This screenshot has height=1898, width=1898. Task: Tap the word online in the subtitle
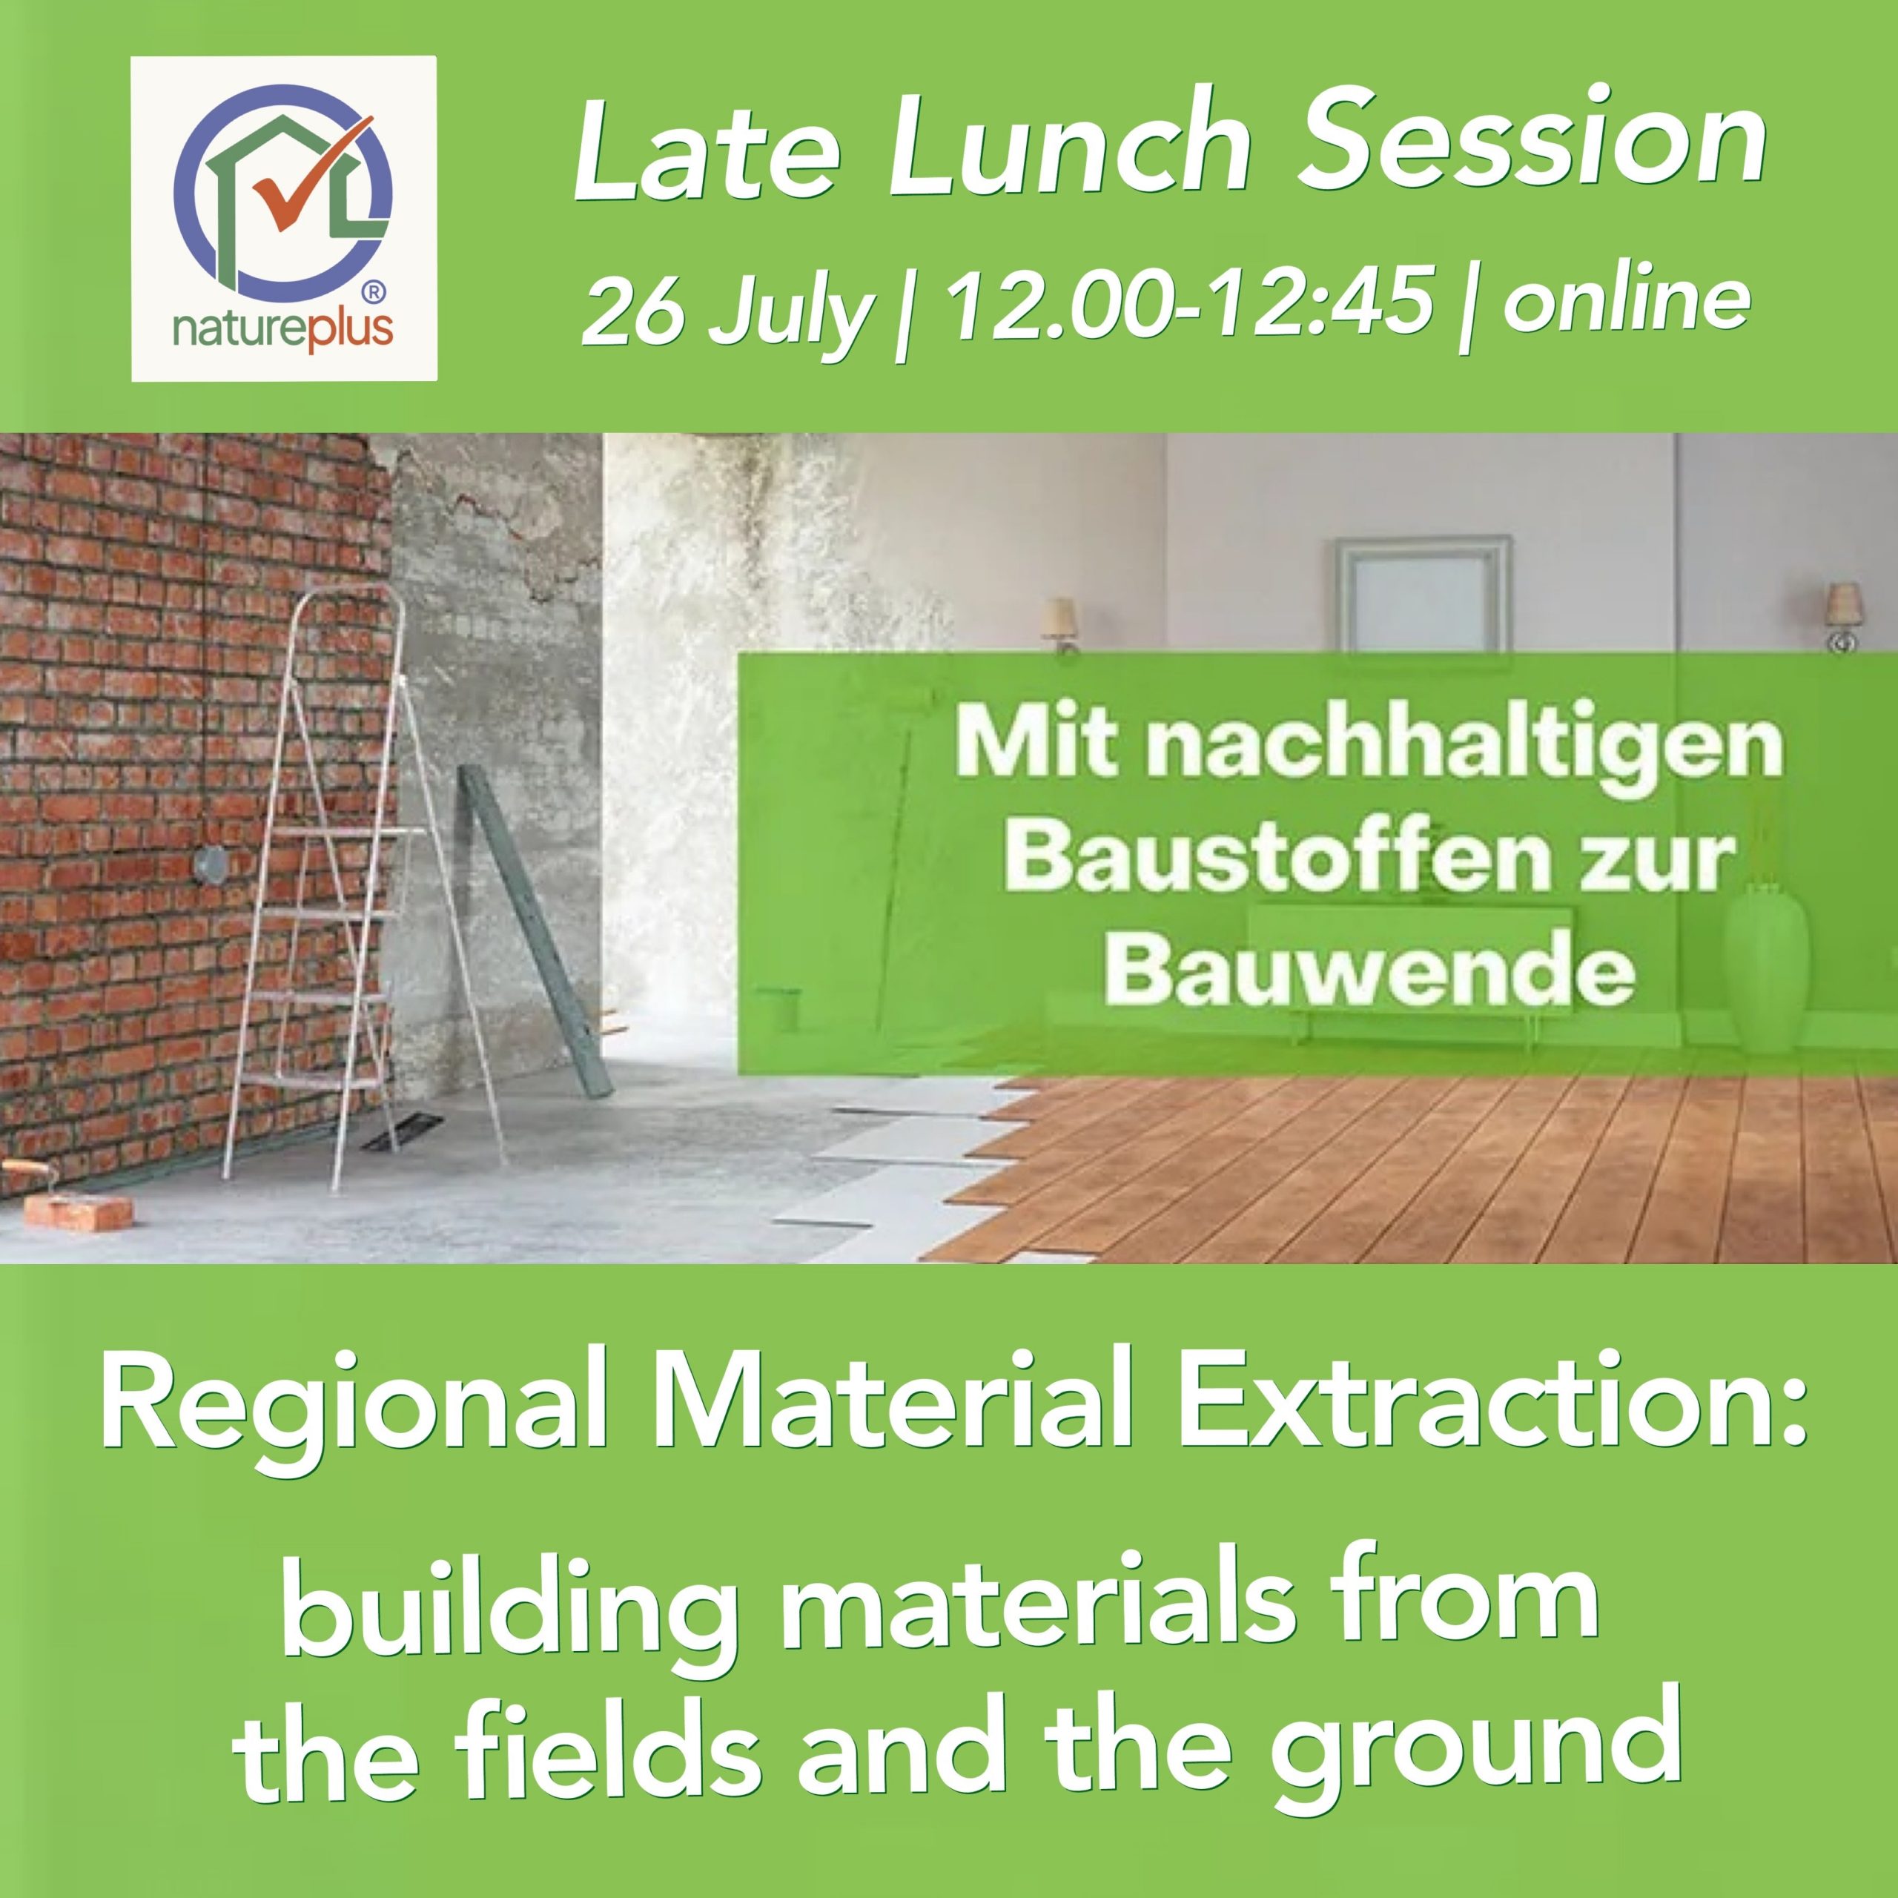pos(1625,300)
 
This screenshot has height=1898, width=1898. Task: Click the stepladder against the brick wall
pos(324,884)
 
